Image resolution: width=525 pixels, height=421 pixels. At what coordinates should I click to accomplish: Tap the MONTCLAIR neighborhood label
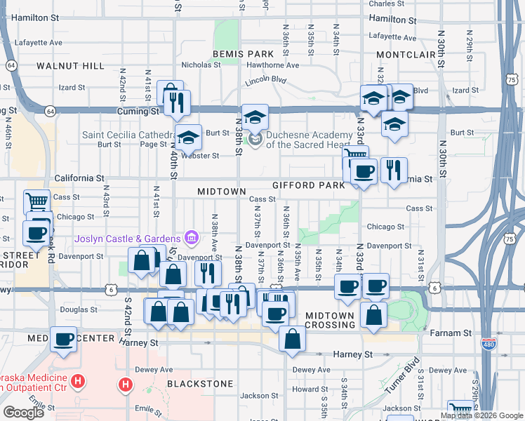407,54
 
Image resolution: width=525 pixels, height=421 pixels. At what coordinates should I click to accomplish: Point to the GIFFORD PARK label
309,185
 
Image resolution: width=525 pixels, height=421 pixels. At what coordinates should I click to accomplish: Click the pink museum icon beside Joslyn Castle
190,238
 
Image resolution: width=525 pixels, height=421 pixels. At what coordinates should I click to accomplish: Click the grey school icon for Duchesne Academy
255,140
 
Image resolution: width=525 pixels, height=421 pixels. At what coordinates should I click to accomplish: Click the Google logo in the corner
23,413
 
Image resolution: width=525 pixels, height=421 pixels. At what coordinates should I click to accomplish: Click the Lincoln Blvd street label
266,81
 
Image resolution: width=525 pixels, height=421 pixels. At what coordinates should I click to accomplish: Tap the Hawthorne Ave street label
274,65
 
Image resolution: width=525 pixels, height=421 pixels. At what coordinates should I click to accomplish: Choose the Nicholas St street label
201,64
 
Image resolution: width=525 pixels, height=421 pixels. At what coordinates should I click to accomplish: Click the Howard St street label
305,389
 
